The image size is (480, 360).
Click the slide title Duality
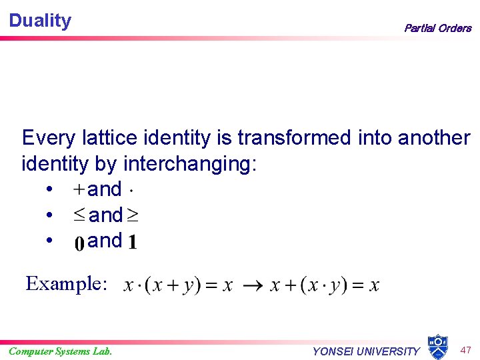[x=40, y=21]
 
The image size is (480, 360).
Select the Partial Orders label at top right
[x=437, y=28]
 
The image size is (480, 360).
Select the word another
[x=434, y=138]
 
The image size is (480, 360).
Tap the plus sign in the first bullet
[x=79, y=189]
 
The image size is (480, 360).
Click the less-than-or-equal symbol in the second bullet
[x=79, y=215]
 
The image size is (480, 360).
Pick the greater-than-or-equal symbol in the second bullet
[x=133, y=215]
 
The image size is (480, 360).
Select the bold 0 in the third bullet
[x=79, y=243]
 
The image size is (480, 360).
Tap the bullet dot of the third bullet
[x=51, y=241]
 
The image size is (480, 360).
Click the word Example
[x=66, y=284]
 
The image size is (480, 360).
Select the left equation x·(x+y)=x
[x=178, y=285]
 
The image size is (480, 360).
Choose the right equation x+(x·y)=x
[x=325, y=285]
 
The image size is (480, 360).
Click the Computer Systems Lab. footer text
[x=60, y=351]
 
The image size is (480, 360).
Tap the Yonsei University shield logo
[x=437, y=347]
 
